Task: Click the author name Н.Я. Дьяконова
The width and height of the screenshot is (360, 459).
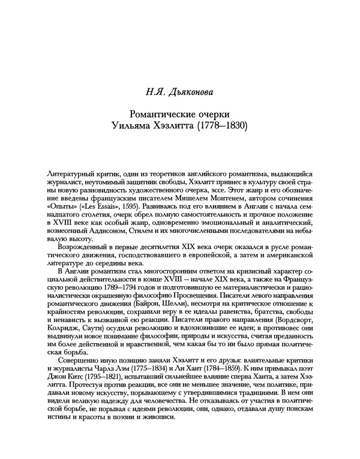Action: (179, 92)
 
